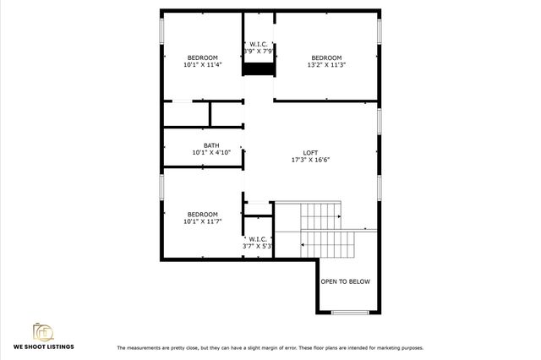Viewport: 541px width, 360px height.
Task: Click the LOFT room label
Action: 310,152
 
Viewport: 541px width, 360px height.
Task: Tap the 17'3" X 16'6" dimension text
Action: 310,160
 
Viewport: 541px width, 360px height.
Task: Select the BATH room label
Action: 210,145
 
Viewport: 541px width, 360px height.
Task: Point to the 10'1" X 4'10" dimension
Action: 210,153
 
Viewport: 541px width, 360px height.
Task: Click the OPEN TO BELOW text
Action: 344,281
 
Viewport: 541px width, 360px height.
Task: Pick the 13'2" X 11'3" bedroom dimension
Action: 326,64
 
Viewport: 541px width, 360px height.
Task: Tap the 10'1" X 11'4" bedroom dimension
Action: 202,64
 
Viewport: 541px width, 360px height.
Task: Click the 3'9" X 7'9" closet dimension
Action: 258,52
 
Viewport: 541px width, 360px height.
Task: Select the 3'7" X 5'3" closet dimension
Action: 258,247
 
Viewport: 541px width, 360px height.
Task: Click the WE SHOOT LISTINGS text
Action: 42,346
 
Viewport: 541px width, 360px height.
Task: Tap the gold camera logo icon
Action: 42,330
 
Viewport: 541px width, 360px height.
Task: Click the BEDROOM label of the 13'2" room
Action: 326,57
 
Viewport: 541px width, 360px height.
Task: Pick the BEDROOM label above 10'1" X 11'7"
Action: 202,214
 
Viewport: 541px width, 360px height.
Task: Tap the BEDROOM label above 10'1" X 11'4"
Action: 202,57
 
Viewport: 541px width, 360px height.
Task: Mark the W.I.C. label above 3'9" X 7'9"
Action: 258,44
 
